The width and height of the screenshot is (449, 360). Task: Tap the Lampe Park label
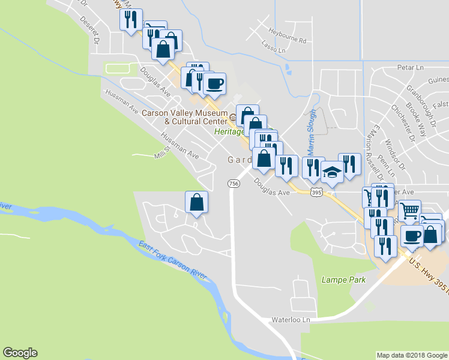tap(339, 279)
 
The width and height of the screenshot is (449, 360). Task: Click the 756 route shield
tap(234, 182)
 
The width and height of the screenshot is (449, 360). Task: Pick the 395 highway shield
tap(317, 192)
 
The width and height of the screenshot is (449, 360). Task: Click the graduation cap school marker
tap(331, 173)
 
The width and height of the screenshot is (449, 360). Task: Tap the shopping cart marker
tap(409, 211)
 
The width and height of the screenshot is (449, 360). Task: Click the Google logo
tap(20, 353)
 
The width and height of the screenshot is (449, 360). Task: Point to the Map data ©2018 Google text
tap(411, 355)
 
